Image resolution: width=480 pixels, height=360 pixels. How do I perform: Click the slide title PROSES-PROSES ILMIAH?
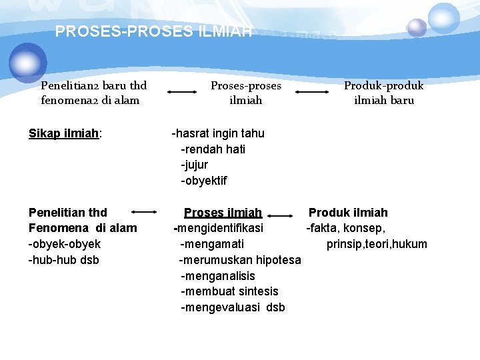coord(153,31)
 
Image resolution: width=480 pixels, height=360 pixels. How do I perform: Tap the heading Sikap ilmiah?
coord(65,133)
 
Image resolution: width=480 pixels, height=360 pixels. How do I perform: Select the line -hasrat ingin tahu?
coord(218,133)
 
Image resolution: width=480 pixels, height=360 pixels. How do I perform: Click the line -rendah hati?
coord(213,149)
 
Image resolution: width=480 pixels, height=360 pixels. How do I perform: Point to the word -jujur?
coord(194,165)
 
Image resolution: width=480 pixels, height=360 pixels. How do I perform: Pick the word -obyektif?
coord(203,181)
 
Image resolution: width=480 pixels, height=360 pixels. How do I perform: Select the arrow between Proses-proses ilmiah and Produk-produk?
coord(313,93)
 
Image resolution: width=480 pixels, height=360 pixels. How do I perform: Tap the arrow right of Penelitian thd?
coord(144,212)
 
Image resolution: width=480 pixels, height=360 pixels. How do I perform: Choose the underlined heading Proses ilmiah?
coord(223,213)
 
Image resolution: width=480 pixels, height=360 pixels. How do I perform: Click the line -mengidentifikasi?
coord(219,228)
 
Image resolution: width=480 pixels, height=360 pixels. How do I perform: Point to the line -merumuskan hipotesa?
coord(240,260)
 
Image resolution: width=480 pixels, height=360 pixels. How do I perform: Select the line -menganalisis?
coord(217,276)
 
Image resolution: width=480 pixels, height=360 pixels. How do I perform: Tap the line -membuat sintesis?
coord(229,291)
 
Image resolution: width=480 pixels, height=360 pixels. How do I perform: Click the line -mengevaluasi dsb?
coord(233,307)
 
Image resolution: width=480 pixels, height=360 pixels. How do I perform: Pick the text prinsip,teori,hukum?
coord(377,244)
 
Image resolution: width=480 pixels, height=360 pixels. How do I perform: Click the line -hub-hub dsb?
coord(63,260)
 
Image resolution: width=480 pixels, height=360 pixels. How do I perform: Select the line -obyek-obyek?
coord(65,244)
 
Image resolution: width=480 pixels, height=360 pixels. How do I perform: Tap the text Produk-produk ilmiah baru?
coord(383,93)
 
